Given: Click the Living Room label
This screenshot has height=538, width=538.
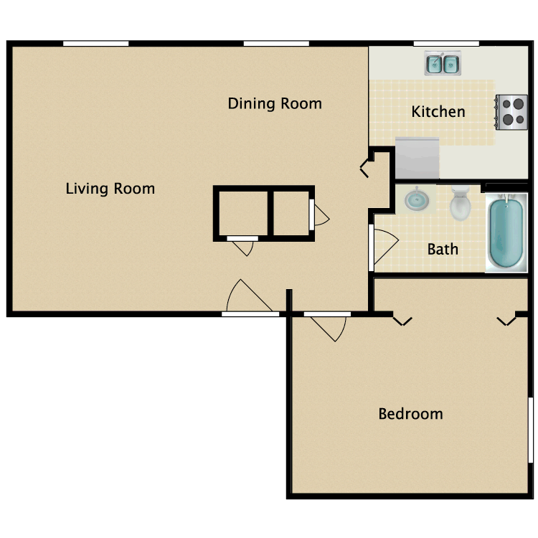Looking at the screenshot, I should coord(110,189).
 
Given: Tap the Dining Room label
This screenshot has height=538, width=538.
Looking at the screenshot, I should coord(275,104).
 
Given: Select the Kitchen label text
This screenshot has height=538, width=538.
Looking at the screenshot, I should coord(438,112).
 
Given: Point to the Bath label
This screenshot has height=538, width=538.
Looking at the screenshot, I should coord(443,250).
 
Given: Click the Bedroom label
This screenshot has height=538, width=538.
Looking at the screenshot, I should coord(410,414).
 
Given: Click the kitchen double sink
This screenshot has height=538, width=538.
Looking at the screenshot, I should coord(442,65).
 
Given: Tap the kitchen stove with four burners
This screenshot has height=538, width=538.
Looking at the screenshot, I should coord(511,111).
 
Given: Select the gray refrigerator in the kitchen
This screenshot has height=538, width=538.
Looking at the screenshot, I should coord(417,158).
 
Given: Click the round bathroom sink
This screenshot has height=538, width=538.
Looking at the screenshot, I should coord(415,199).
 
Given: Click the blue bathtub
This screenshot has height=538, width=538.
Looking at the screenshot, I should coord(507,233).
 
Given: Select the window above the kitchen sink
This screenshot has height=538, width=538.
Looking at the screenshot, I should coord(445,44).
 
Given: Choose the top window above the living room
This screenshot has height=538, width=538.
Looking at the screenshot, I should coord(95,44).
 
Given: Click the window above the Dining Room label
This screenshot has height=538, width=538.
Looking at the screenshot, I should coord(275,44).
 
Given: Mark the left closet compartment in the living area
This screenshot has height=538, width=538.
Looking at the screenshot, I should coord(241,212).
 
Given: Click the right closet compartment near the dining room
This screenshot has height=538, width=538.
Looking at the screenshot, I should coord(290,212).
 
